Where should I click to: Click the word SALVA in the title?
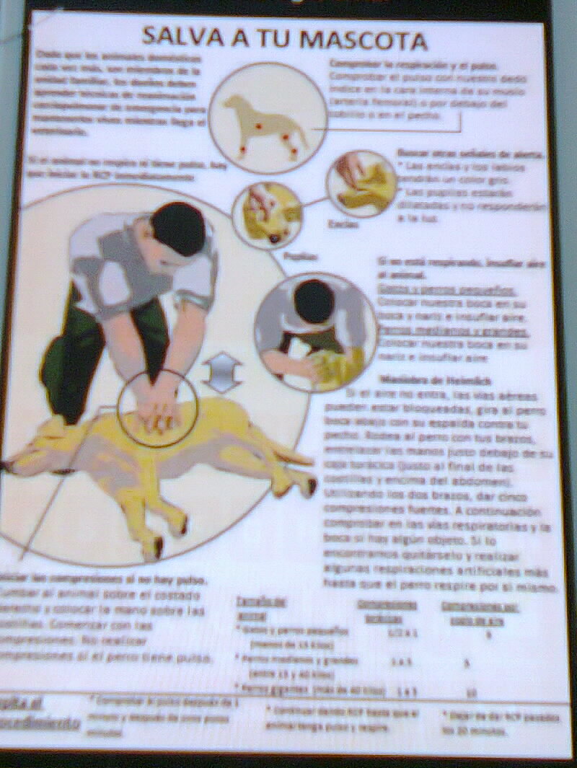tap(180, 37)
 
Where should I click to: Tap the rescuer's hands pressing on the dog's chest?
tap(157, 412)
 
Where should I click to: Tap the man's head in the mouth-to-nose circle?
tap(314, 301)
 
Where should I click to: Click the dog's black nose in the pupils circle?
tap(274, 237)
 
